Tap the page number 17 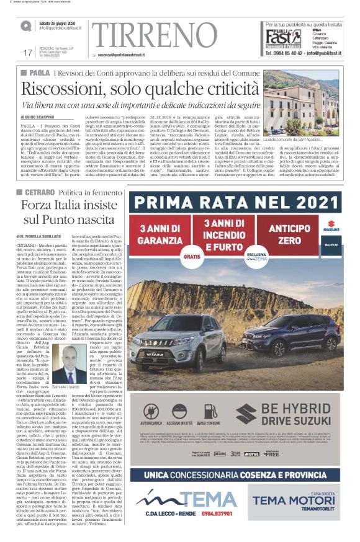tap(27, 52)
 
